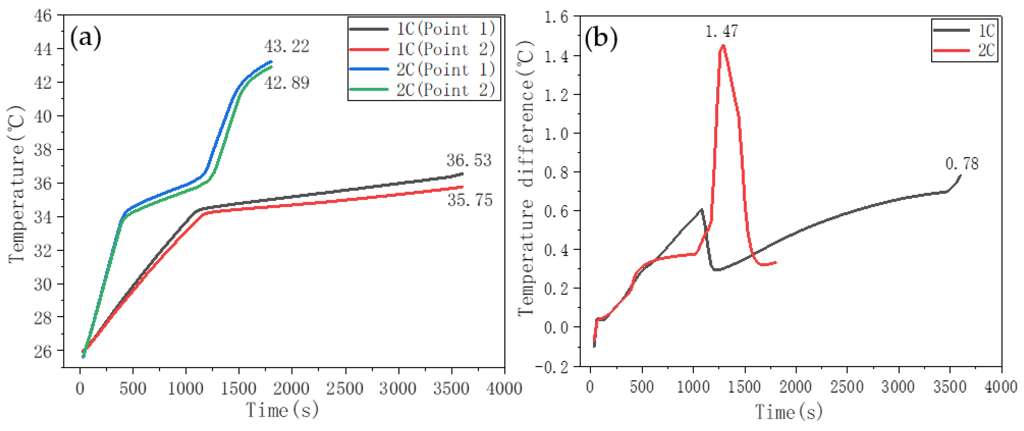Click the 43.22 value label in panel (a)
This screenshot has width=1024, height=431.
pos(287,46)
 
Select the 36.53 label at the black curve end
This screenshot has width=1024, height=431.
pos(469,160)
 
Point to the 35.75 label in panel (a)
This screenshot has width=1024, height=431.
pos(470,200)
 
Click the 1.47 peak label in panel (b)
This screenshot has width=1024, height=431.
pos(721,31)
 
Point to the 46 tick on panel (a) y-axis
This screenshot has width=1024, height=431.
pos(43,16)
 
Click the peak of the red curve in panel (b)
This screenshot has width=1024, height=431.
pos(723,45)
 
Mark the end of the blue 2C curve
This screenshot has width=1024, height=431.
pos(272,62)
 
